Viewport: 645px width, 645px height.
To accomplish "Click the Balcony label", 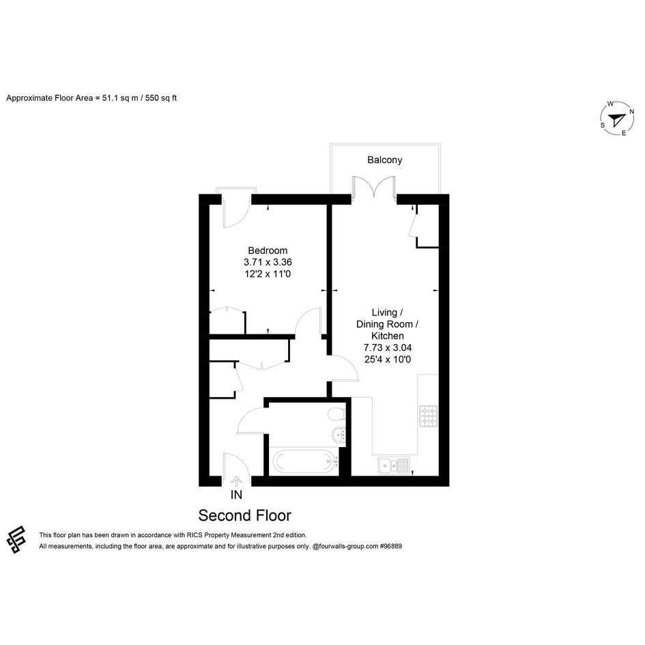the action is point(385,160).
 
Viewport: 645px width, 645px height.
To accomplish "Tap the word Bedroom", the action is point(268,250).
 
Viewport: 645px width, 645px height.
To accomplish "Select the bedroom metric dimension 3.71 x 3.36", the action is point(268,262).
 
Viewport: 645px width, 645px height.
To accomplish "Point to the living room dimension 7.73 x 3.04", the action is point(388,347).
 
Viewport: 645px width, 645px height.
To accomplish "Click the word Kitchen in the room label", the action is point(388,336).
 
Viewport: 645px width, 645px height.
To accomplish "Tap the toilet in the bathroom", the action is point(336,414).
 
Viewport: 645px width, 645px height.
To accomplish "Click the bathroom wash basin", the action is point(339,434).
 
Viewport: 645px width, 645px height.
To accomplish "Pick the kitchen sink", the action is point(394,465).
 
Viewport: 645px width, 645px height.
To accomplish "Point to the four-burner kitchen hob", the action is point(428,416).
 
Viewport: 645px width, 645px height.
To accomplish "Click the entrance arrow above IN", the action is point(236,481).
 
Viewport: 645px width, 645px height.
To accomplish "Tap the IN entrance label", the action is point(237,495).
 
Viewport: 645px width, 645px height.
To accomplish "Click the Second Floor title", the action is point(245,515).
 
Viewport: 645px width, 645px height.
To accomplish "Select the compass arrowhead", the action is point(616,119).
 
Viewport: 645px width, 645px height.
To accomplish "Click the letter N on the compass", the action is point(632,111).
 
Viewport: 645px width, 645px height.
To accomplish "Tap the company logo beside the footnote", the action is point(16,540).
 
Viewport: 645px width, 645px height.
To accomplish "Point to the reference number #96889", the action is point(391,546).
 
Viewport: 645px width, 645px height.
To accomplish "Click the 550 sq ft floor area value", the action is point(161,98).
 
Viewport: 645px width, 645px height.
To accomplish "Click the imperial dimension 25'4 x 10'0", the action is point(388,359).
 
